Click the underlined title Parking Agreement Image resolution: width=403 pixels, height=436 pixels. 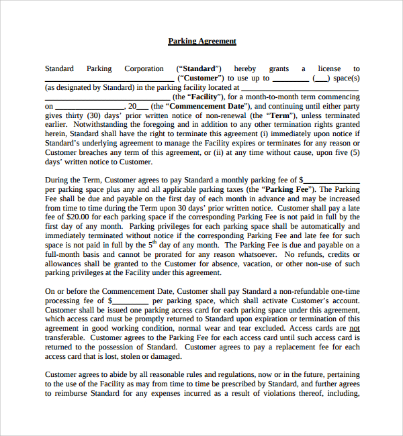coord(201,41)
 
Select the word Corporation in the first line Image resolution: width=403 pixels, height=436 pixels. coord(144,68)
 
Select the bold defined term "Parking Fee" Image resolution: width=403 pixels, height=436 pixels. coord(292,189)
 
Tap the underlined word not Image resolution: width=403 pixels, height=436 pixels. coord(354,329)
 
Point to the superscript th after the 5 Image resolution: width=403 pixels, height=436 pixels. coord(153,243)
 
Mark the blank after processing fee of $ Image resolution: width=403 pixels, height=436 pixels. coord(127,301)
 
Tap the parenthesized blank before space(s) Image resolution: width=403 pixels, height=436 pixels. coord(321,78)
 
